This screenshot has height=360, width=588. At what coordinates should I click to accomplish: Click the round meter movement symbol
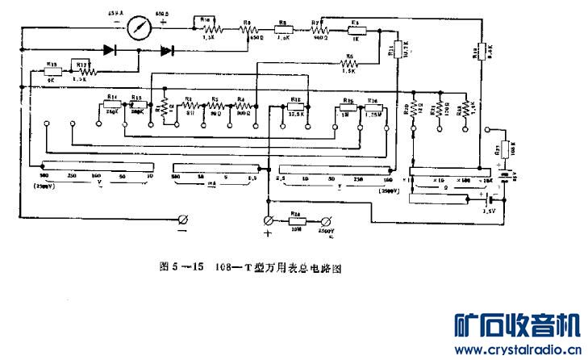click(140, 26)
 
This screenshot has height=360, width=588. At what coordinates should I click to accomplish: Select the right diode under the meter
click(166, 50)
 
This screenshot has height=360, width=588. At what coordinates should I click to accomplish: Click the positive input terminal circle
click(269, 220)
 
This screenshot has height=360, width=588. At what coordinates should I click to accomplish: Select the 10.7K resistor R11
click(397, 47)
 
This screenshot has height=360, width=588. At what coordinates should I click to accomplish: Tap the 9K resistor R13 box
click(50, 70)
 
